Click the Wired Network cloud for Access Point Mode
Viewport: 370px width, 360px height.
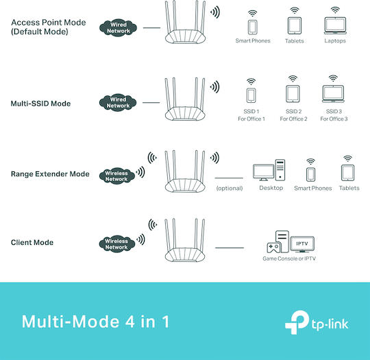(119, 28)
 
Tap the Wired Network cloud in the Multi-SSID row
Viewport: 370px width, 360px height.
(118, 103)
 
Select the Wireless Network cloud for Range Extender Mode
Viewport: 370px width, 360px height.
(116, 176)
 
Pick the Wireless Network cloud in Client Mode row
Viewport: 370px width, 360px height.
(116, 244)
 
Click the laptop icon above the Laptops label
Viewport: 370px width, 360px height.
(335, 26)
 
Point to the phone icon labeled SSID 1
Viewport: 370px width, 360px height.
(251, 96)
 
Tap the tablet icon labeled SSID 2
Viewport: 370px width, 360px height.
(293, 94)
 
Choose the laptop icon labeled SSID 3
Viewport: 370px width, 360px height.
(333, 94)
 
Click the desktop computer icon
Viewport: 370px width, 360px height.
(269, 170)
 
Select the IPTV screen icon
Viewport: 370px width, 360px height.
(302, 244)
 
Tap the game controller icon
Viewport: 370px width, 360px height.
(273, 248)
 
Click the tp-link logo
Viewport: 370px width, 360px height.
(317, 322)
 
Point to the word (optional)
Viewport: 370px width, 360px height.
(230, 189)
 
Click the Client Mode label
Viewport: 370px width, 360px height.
(32, 242)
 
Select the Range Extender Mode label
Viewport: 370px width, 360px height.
(50, 174)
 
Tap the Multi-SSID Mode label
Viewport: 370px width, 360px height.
(40, 104)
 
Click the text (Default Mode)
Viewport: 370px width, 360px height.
(40, 32)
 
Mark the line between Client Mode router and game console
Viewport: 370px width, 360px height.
(230, 248)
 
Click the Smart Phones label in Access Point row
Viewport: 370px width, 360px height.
(253, 40)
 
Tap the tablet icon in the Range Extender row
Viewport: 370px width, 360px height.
(347, 173)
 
